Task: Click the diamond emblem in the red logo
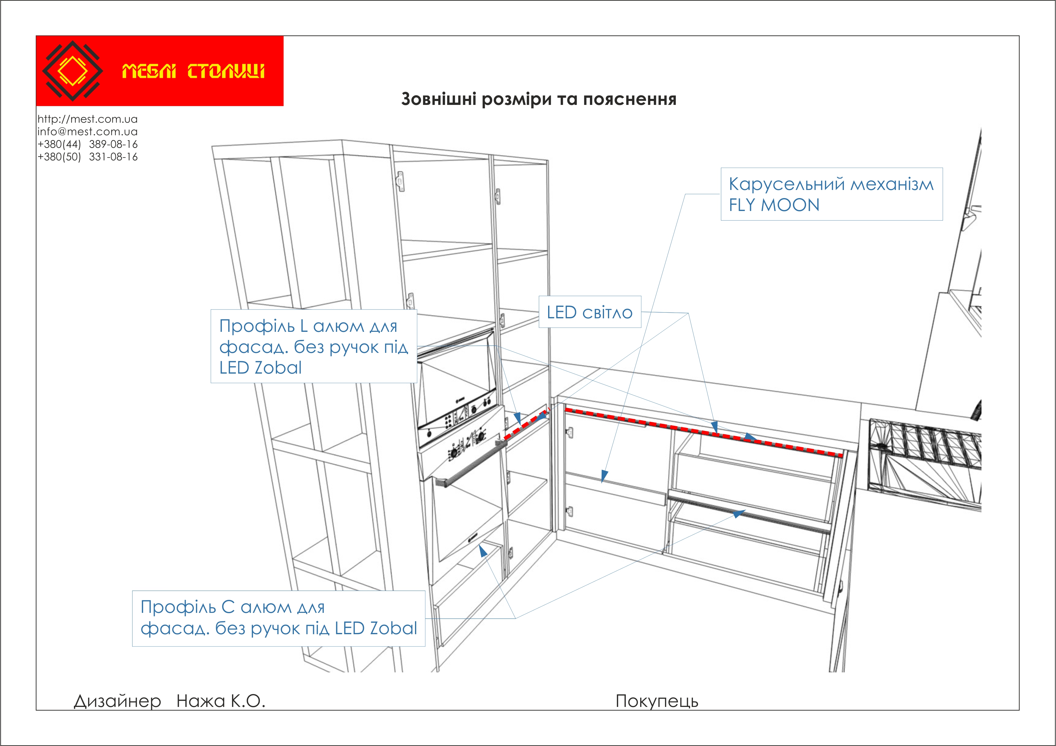[x=72, y=71]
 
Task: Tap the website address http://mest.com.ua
[x=87, y=119]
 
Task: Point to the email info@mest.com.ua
[x=87, y=132]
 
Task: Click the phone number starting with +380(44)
[x=87, y=144]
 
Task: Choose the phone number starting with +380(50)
[x=87, y=157]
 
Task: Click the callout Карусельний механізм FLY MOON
[x=831, y=194]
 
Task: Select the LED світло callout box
[x=590, y=312]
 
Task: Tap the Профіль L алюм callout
[x=314, y=346]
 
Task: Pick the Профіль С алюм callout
[x=278, y=618]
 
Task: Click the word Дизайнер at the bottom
[x=117, y=701]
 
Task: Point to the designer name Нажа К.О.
[x=221, y=701]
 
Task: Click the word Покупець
[x=657, y=701]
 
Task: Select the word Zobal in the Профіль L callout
[x=278, y=368]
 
